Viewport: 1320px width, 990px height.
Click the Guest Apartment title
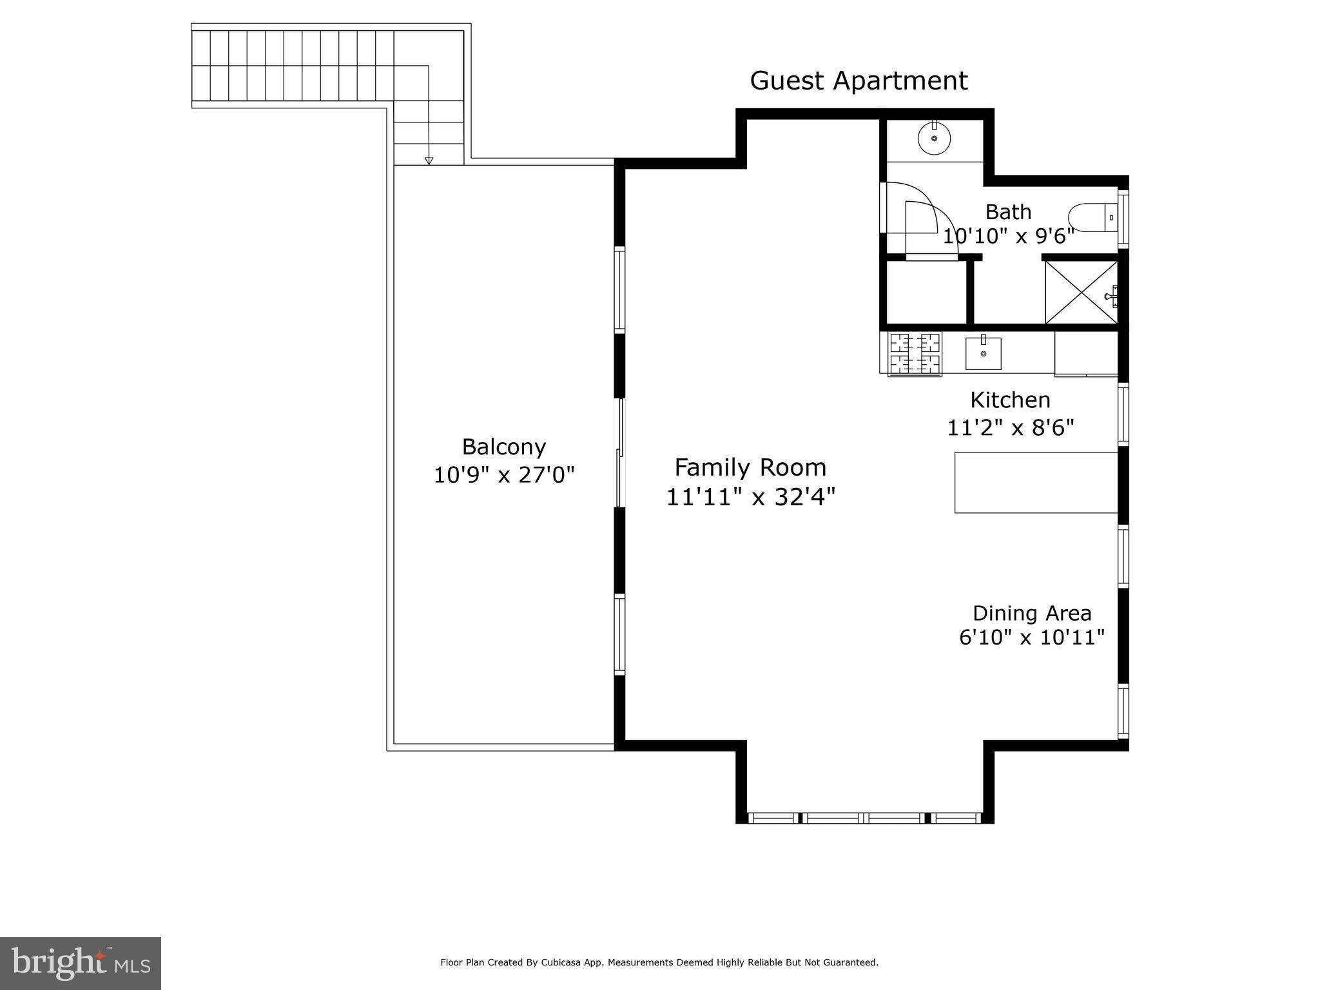click(x=859, y=81)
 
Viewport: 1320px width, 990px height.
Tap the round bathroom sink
click(x=934, y=138)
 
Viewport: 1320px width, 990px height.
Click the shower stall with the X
click(x=1081, y=292)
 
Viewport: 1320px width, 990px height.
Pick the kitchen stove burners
click(x=915, y=354)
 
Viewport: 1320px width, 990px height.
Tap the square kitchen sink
click(x=983, y=354)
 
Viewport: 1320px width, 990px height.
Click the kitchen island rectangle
click(x=1035, y=483)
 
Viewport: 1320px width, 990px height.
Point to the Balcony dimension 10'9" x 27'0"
click(x=503, y=476)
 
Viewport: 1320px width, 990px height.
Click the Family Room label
click(x=750, y=467)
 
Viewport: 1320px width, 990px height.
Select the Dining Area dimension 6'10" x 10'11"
click(x=1032, y=637)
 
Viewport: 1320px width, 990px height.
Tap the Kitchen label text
click(x=1010, y=400)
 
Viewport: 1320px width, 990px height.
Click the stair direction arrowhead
click(x=429, y=161)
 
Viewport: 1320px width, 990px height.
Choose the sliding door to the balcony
click(x=620, y=453)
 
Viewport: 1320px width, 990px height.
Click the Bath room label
click(x=1008, y=212)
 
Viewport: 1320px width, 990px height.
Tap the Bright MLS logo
click(x=81, y=963)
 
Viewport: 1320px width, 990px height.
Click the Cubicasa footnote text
click(x=659, y=962)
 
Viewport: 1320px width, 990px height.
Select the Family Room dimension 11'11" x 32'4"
click(x=750, y=497)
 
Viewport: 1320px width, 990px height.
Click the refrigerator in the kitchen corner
click(x=1085, y=353)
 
